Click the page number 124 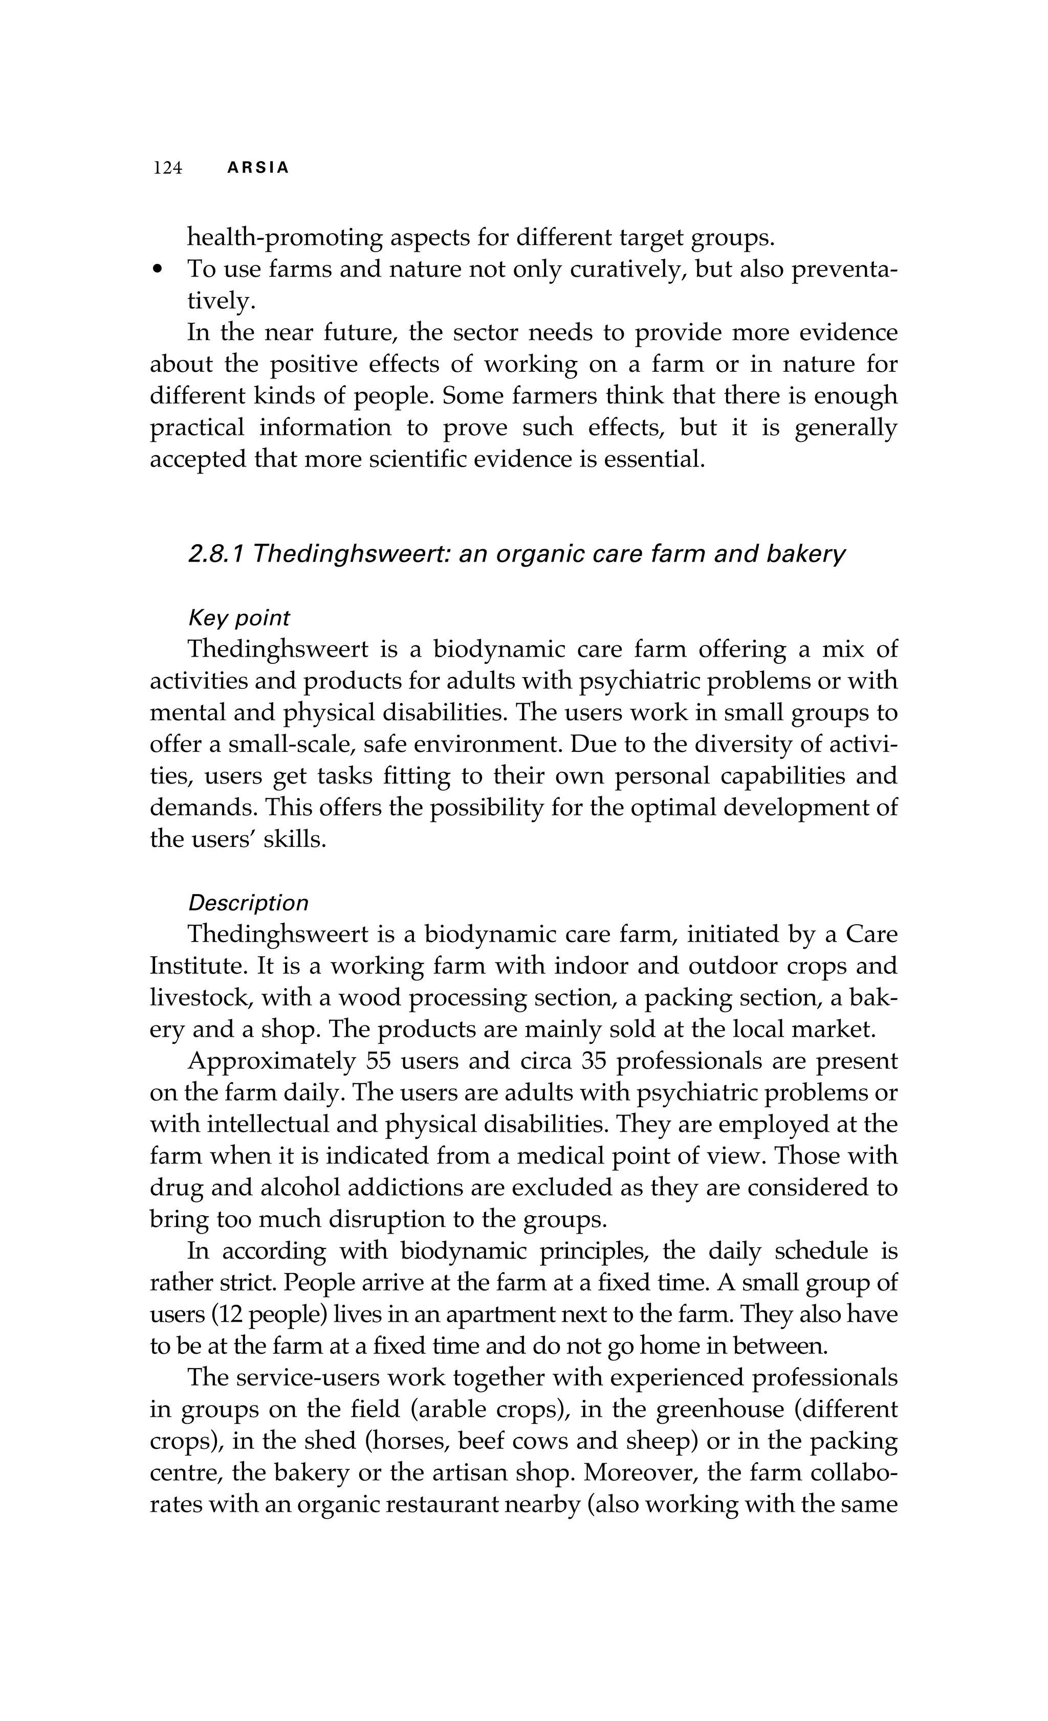pyautogui.click(x=168, y=168)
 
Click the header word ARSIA pyautogui.click(x=258, y=168)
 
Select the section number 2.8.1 pyautogui.click(x=216, y=554)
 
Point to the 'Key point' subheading pyautogui.click(x=239, y=618)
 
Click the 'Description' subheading pyautogui.click(x=248, y=903)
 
